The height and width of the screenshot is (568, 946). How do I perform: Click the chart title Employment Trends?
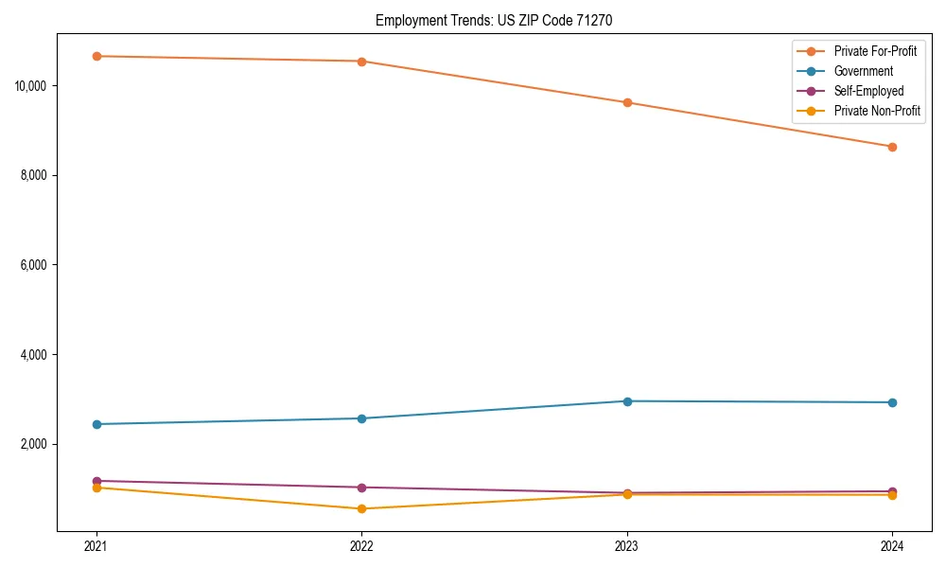click(494, 20)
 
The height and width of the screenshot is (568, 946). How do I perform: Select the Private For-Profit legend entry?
click(875, 51)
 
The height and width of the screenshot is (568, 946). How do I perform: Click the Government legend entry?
click(863, 71)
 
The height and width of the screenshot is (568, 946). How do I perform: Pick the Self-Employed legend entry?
click(868, 91)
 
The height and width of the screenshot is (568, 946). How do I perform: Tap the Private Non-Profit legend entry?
click(877, 111)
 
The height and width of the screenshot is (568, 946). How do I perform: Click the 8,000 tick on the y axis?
click(33, 175)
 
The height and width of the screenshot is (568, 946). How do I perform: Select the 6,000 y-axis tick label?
click(33, 265)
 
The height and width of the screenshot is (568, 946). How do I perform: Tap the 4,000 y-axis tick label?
click(33, 355)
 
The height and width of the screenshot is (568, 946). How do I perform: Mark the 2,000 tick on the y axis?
click(33, 444)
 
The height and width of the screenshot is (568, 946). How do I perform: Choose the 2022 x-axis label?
click(361, 545)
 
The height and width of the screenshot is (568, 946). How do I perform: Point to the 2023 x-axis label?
click(626, 545)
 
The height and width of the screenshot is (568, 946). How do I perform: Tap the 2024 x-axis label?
click(892, 545)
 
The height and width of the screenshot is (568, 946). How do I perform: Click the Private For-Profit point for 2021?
click(96, 56)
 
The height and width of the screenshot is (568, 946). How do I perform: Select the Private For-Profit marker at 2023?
click(627, 102)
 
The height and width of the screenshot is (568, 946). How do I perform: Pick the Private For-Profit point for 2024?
click(892, 147)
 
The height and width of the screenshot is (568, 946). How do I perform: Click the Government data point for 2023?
click(627, 401)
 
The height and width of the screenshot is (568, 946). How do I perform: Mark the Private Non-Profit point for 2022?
click(361, 509)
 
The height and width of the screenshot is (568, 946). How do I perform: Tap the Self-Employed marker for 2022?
click(361, 488)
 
